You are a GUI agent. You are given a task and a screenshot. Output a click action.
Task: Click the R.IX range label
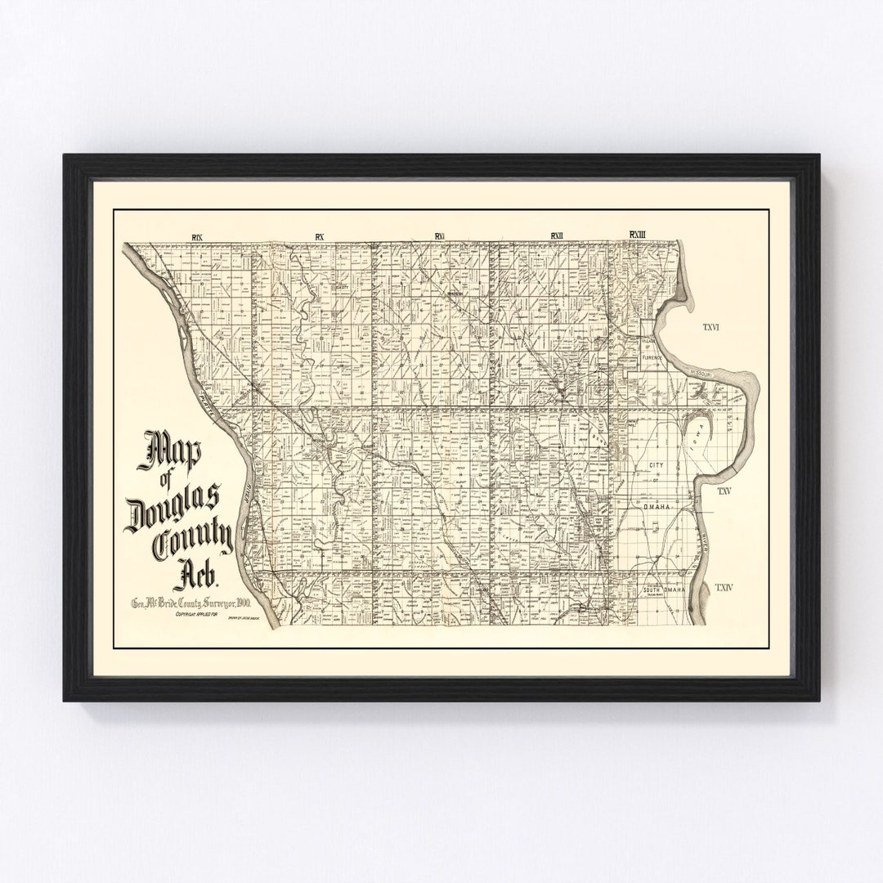click(x=196, y=237)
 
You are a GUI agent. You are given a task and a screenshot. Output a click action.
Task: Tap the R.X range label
click(x=320, y=237)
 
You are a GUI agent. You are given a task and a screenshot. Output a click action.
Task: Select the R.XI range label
click(x=439, y=237)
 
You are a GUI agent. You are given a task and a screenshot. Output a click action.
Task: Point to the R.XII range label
click(x=557, y=236)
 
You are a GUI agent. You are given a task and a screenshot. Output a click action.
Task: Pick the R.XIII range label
click(x=638, y=235)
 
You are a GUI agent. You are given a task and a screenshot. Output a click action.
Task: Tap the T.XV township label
click(x=724, y=491)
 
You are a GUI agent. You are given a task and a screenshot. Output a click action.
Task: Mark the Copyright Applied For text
click(x=192, y=615)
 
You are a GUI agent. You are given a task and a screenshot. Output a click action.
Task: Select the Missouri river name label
click(x=702, y=372)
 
